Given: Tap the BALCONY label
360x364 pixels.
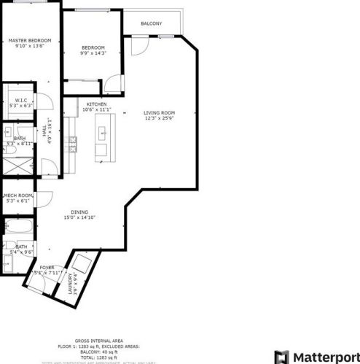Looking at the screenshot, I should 152,23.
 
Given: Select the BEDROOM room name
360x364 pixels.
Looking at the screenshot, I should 93,47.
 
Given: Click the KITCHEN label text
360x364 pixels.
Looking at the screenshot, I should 97,105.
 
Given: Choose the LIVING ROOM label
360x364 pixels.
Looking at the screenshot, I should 159,112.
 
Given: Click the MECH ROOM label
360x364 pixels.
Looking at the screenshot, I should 19,195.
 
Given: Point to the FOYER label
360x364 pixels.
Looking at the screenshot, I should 47,268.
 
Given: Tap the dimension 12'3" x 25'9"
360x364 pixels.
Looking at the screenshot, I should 160,119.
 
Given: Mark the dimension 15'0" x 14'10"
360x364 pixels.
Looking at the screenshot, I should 80,217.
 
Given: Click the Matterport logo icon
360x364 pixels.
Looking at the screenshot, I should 281,357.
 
